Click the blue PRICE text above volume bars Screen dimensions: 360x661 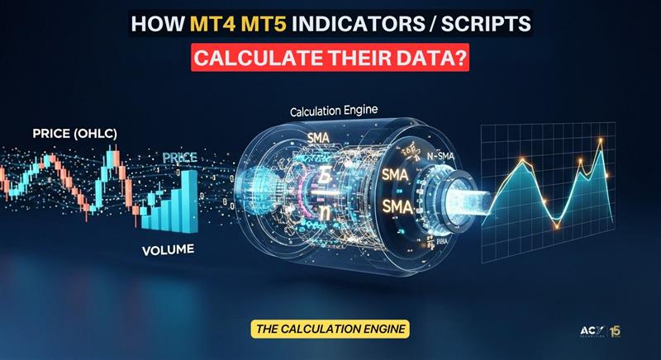pos(179,157)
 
